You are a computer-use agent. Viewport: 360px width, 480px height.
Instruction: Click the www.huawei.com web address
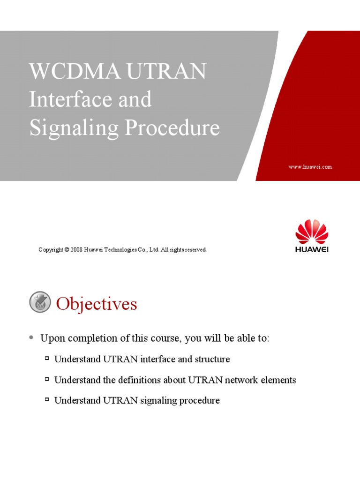[310, 167]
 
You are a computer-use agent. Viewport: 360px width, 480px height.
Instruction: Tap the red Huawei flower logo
[312, 232]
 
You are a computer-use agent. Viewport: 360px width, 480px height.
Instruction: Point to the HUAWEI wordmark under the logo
[312, 249]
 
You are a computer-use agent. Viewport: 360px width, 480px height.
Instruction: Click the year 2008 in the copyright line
[77, 250]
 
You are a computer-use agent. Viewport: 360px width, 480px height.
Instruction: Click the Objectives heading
[97, 304]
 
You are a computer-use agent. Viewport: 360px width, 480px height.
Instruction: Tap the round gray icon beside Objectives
[40, 302]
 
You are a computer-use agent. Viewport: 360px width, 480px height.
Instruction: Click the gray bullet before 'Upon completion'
[31, 337]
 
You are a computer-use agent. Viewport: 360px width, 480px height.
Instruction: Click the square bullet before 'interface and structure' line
[47, 359]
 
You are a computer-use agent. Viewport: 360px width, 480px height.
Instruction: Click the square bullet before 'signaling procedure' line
[47, 400]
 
